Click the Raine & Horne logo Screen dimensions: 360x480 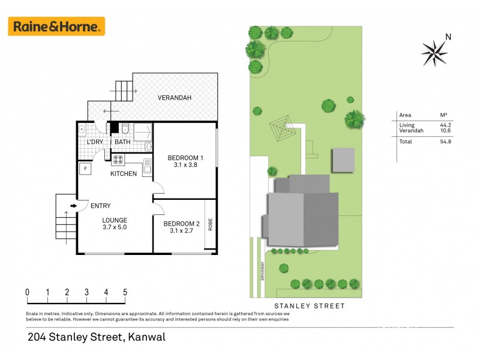[56, 26]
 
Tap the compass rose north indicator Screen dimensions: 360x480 [435, 52]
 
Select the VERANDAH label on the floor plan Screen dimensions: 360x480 [174, 98]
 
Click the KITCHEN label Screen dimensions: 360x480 [124, 174]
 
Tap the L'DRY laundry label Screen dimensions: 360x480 [95, 142]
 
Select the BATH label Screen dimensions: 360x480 [122, 142]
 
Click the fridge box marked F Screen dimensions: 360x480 [85, 169]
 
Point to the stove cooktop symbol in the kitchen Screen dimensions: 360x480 [118, 160]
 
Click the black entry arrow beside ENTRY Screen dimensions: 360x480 [73, 206]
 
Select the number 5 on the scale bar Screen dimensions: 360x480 [125, 293]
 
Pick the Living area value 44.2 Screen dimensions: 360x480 [446, 124]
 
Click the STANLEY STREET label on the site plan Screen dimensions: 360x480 [310, 306]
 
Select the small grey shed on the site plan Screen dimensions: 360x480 [344, 160]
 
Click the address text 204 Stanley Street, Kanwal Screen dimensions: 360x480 [96, 337]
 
